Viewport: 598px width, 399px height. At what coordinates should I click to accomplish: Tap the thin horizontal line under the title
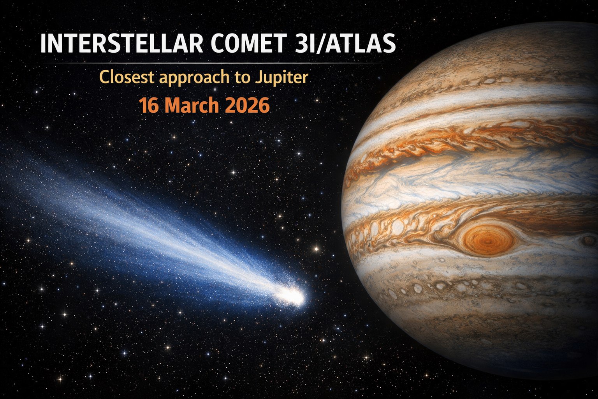click(x=210, y=63)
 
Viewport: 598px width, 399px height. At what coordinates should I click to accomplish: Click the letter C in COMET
click(x=218, y=44)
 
